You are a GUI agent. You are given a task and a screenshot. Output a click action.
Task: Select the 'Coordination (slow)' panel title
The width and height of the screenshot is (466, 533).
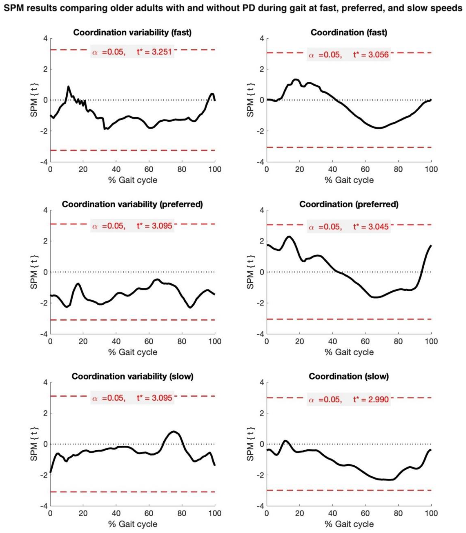coord(349,377)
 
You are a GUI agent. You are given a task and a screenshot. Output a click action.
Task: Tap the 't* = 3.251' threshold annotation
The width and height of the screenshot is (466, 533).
coord(154,52)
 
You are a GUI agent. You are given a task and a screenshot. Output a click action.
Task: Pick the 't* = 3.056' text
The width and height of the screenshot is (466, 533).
coord(371,55)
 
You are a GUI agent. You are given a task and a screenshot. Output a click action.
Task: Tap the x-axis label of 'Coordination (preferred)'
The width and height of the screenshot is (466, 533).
coord(349,352)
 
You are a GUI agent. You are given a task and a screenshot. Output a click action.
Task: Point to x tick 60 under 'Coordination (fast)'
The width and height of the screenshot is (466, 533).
coord(365,169)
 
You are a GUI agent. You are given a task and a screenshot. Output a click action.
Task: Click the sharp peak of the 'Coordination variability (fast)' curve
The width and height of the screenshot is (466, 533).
coord(68,87)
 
